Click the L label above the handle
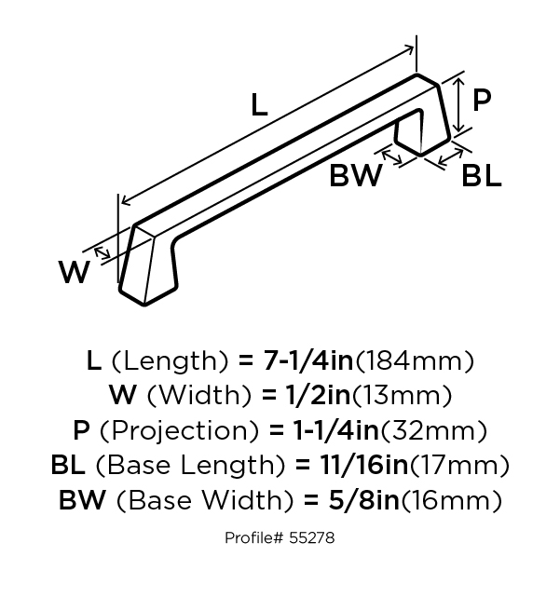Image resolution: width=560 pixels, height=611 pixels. [260, 105]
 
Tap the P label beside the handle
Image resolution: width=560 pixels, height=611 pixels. [482, 101]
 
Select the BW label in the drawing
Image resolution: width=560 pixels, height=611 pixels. [355, 176]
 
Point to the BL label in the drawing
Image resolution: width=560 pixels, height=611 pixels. [482, 176]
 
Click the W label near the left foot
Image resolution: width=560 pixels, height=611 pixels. [75, 272]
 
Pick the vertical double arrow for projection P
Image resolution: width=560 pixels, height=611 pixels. [460, 104]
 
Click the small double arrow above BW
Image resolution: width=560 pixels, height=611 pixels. [391, 157]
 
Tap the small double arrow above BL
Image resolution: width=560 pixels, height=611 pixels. [450, 157]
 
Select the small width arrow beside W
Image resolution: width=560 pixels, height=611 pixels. [102, 253]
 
